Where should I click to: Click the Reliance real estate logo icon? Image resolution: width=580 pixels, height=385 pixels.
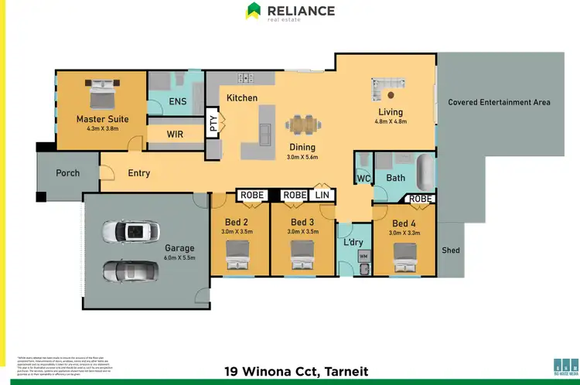click(x=254, y=11)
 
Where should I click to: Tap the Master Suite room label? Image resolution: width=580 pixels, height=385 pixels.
click(x=102, y=119)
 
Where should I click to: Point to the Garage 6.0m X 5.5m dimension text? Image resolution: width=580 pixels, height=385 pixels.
click(x=178, y=257)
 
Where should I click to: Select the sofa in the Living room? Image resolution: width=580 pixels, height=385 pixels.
click(x=387, y=89)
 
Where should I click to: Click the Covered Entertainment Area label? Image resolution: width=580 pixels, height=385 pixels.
click(x=499, y=102)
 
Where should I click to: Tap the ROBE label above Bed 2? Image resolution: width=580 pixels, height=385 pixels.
click(x=251, y=196)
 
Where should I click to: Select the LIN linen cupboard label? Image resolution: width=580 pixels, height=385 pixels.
click(x=322, y=196)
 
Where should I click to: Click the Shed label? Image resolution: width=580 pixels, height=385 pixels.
click(x=450, y=250)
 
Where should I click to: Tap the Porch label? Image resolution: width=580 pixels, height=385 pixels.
click(x=68, y=172)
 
